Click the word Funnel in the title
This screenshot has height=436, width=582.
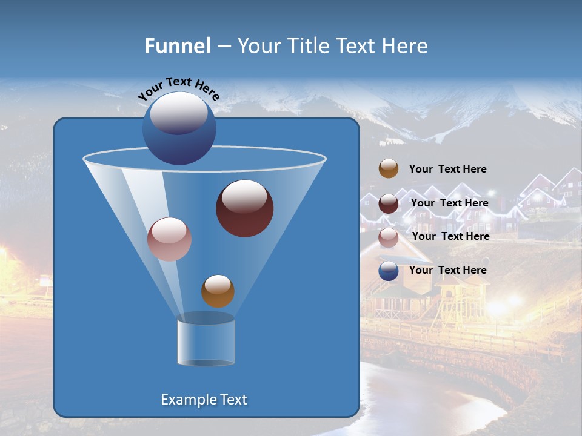click(177, 46)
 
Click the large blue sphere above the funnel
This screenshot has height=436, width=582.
click(179, 128)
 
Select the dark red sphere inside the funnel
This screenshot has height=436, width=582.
click(244, 208)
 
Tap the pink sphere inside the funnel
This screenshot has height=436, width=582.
click(169, 239)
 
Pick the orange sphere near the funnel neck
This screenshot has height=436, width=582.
click(218, 291)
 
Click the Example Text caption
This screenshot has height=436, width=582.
click(204, 400)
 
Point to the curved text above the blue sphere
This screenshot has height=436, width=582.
click(178, 88)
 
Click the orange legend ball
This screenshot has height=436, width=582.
click(389, 169)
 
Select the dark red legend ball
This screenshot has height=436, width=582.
click(389, 203)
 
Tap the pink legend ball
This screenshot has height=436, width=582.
click(389, 237)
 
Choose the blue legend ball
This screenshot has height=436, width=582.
click(389, 271)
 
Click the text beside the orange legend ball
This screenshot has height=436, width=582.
click(447, 170)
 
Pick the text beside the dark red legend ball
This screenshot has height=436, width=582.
click(449, 203)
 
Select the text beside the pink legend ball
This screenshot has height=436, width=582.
click(450, 237)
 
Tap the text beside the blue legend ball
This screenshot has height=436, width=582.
click(447, 270)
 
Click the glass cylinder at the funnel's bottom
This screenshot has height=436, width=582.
click(206, 342)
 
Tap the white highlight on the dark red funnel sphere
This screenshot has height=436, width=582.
click(244, 196)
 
